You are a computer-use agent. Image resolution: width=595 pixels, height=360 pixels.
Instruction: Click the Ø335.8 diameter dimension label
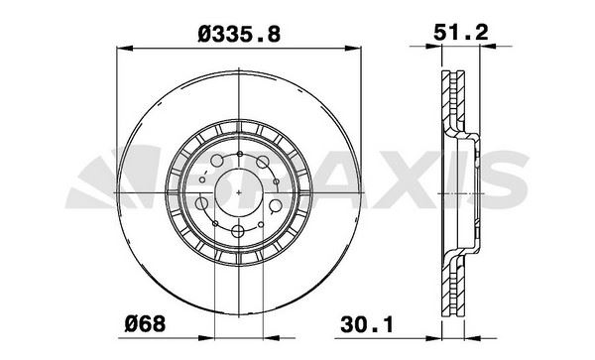tap(239, 34)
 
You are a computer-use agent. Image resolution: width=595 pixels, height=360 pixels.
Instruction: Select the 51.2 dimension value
tap(461, 33)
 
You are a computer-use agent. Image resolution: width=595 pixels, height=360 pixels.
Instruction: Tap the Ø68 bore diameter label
tap(146, 324)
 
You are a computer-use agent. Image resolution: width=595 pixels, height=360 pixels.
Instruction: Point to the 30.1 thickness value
tap(367, 324)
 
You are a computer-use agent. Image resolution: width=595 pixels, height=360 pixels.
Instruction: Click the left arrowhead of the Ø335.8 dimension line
tap(125, 49)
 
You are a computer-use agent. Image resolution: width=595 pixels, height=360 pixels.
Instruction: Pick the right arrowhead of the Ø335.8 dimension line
tap(353, 49)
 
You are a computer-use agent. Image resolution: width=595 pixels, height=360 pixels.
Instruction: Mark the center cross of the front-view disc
tap(239, 192)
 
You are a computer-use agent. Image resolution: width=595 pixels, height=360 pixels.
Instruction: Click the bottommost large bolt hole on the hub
tap(238, 230)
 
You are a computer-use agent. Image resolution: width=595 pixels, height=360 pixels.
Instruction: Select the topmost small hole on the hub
tap(240, 154)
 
